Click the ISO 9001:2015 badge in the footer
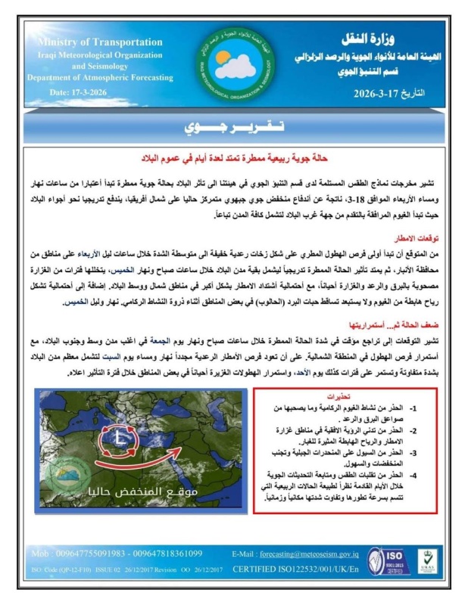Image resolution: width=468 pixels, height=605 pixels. (383, 561)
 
